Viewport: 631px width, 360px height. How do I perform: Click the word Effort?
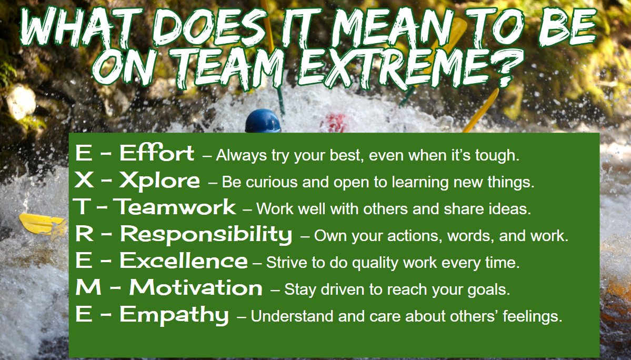[157, 153]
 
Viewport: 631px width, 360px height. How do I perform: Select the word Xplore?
[159, 180]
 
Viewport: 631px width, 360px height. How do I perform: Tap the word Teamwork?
[175, 207]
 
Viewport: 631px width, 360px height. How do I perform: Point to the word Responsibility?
[206, 235]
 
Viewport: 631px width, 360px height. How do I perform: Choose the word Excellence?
[184, 261]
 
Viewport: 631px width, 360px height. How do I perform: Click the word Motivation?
[196, 287]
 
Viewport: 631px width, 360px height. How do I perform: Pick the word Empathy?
[174, 315]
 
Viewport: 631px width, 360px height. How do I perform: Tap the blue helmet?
[263, 121]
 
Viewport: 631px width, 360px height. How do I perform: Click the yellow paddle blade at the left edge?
[43, 224]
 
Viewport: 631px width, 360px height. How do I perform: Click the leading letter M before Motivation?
[88, 287]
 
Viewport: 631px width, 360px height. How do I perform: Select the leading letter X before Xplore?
[84, 180]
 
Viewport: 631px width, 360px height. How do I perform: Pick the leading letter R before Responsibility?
[84, 234]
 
